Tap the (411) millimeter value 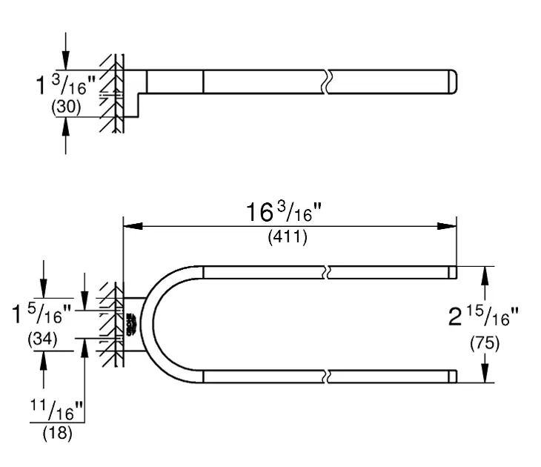pos(287,239)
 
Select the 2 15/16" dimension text pos(482,318)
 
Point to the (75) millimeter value pos(485,343)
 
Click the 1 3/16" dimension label pos(68,85)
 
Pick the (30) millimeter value pos(66,107)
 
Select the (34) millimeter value pos(44,341)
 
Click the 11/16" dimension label pos(58,408)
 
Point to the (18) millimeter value pos(57,434)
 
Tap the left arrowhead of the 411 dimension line pos(131,226)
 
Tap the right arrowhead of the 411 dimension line pos(447,226)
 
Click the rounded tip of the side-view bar pos(452,82)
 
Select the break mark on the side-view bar pos(325,82)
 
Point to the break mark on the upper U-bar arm pos(325,272)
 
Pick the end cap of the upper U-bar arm pos(452,272)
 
